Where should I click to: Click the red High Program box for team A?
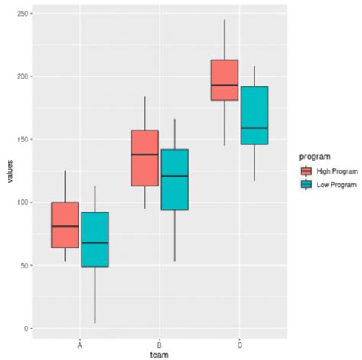click(65, 225)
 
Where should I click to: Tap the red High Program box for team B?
click(144, 158)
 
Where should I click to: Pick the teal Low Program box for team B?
click(174, 180)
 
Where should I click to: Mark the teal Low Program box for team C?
click(254, 115)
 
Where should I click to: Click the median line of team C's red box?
click(225, 85)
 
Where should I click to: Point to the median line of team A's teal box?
click(95, 242)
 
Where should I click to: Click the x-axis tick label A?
click(80, 343)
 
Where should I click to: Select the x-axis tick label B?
click(159, 343)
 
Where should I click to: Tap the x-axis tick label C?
click(239, 343)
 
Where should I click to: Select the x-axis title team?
click(159, 355)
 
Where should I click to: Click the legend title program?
click(314, 156)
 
